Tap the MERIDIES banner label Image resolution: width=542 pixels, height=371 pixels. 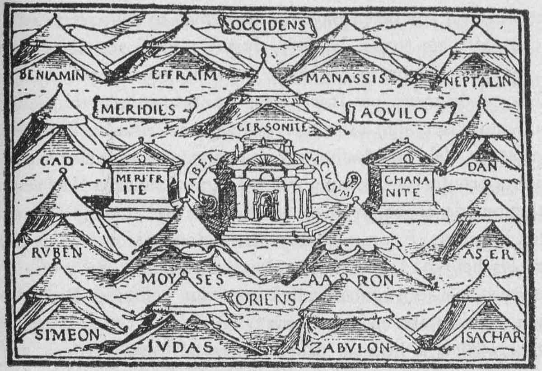pos(138,109)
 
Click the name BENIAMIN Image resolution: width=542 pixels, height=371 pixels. pos(52,75)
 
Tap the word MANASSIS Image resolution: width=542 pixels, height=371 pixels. pos(346,78)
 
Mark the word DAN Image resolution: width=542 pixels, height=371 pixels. pos(482,166)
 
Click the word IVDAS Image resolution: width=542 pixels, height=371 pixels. pos(180,347)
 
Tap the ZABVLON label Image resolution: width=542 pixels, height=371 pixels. pos(350,348)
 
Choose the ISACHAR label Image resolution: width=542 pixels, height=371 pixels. pos(492,337)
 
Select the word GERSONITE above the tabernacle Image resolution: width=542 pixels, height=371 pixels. pos(272,127)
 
